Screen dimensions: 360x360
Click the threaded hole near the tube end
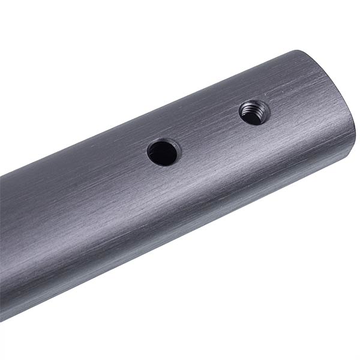click(254, 112)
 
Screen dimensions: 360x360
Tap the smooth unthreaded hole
click(163, 152)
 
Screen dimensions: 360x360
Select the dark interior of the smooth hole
click(163, 154)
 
